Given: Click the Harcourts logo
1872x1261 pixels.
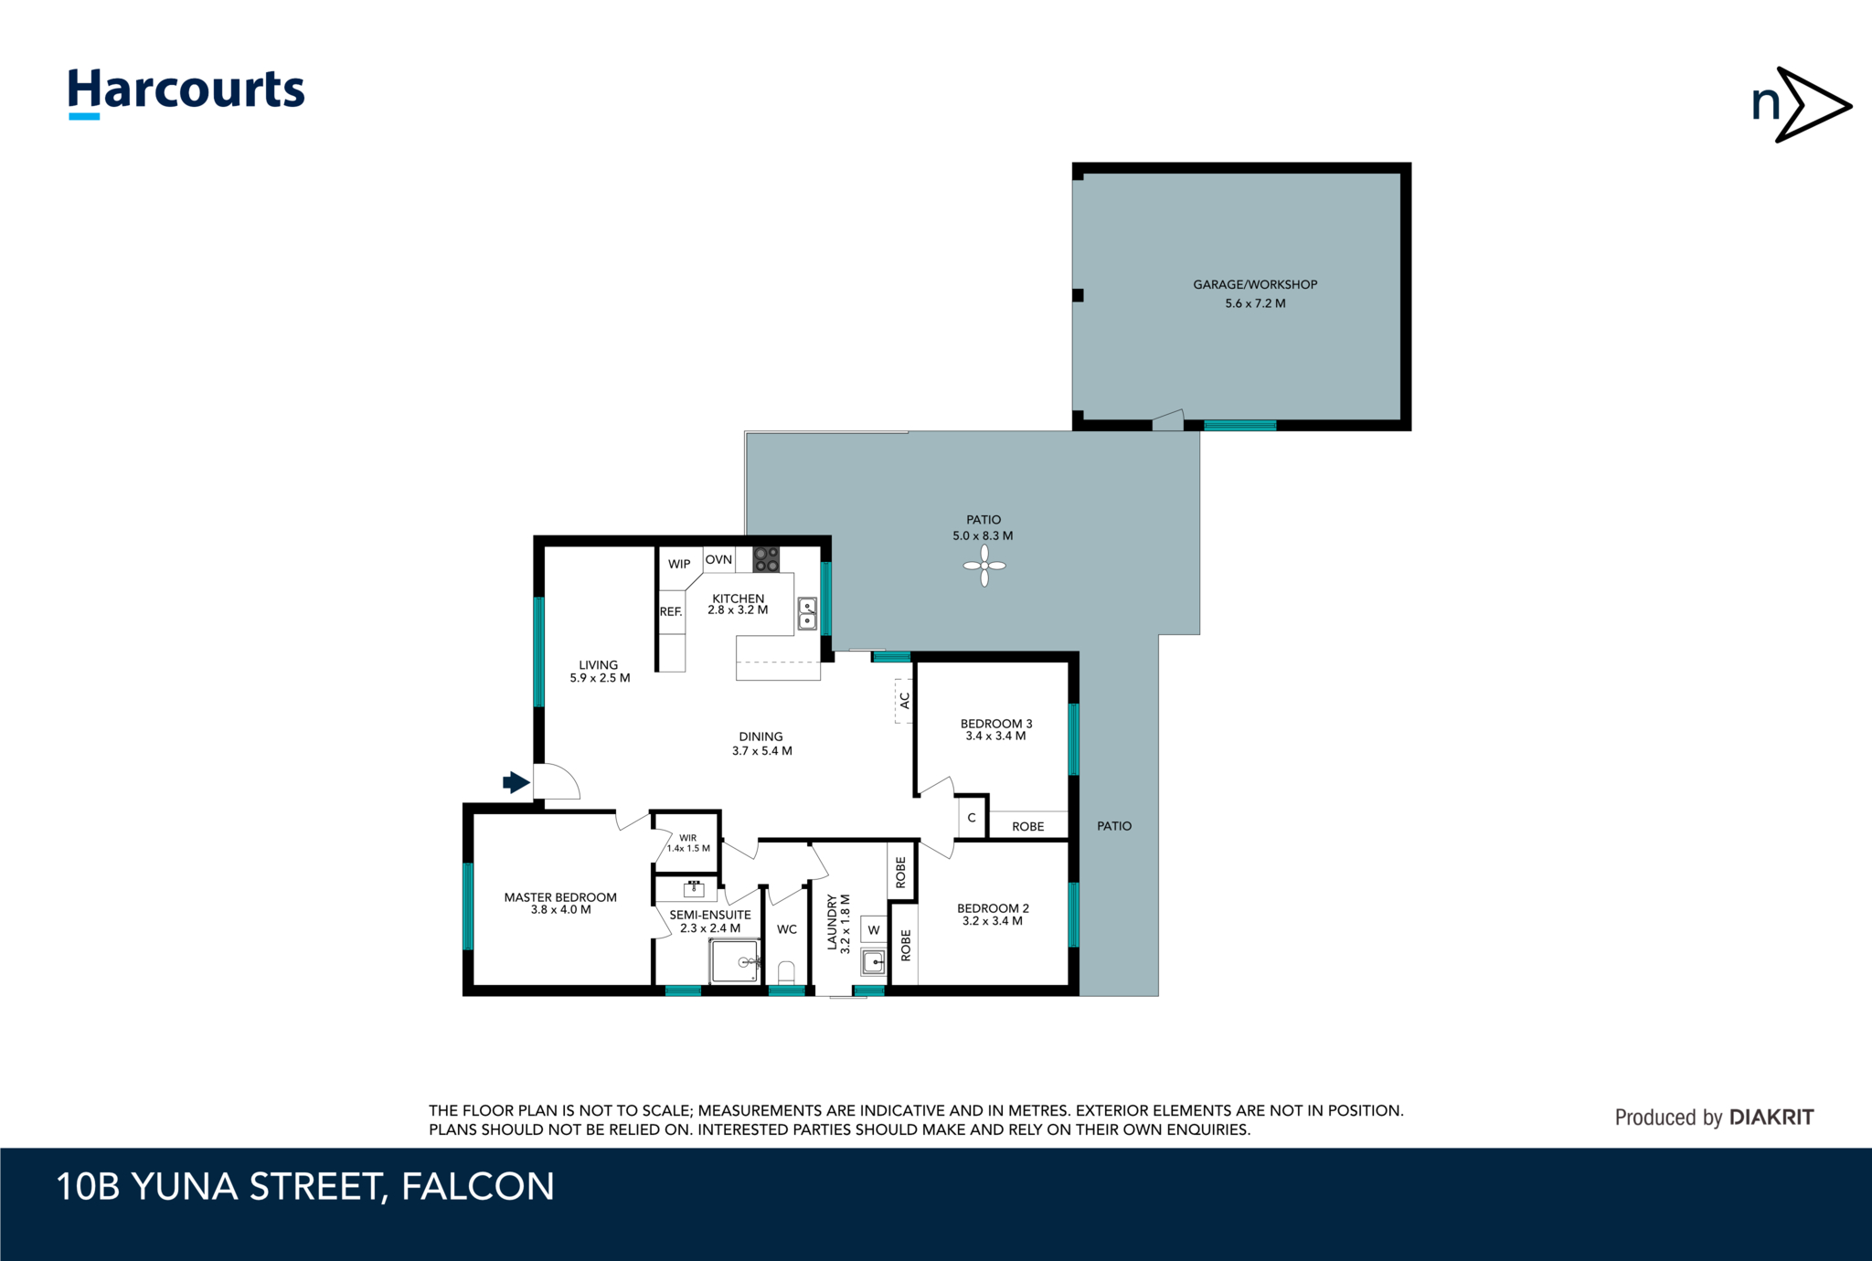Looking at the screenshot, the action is (186, 93).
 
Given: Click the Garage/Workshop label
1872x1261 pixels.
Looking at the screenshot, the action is (1255, 284).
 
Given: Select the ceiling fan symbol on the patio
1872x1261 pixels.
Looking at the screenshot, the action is (984, 566).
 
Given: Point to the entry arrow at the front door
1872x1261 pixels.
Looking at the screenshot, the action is (516, 782).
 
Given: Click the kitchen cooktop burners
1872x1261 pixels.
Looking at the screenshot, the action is (766, 559).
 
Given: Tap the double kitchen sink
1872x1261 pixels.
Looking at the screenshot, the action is (807, 613).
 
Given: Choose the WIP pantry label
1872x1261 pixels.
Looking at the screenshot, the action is (679, 564).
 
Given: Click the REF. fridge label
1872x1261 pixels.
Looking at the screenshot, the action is (671, 611).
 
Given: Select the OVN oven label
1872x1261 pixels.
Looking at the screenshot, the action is (718, 559).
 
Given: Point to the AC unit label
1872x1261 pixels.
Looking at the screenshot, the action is (905, 700).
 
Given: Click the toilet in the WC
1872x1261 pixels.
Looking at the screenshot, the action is (786, 971).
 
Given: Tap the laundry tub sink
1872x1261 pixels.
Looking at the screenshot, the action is (874, 961).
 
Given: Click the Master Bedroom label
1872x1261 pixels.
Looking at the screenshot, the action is (560, 897).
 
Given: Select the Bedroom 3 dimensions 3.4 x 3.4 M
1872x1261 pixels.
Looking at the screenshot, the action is (995, 736).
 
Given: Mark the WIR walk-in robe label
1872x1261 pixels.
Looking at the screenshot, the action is (688, 838).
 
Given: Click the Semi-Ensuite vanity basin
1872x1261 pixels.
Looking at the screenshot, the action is (694, 888).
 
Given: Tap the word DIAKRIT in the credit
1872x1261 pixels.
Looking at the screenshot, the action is (1771, 1117).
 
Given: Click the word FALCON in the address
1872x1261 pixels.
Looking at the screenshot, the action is (478, 1186).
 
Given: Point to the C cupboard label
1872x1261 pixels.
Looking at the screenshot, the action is (972, 818).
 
